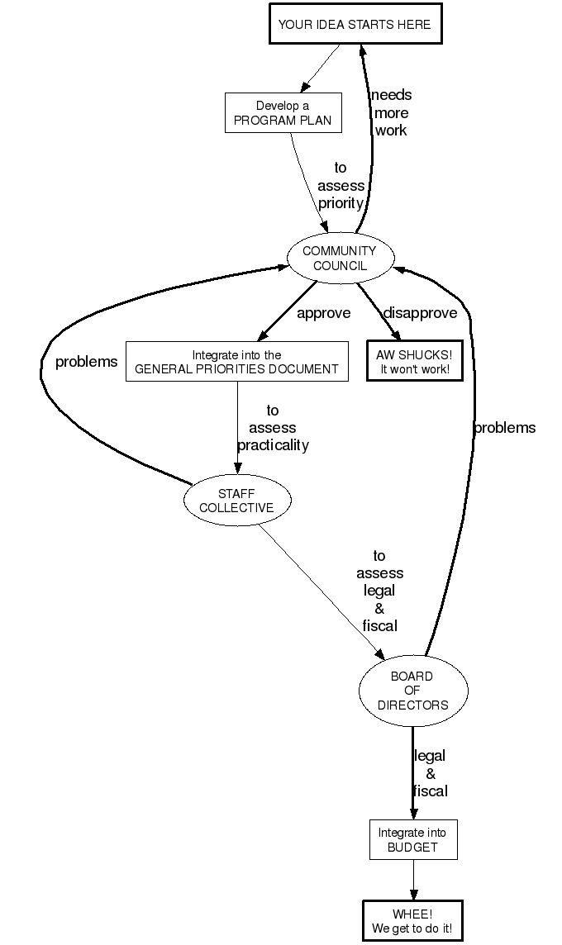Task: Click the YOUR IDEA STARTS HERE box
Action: pyautogui.click(x=355, y=24)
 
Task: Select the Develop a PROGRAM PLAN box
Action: pyautogui.click(x=283, y=113)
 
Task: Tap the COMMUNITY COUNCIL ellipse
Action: pyautogui.click(x=339, y=258)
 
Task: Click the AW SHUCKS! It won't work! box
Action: pyautogui.click(x=415, y=361)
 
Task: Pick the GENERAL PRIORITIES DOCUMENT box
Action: pyautogui.click(x=236, y=362)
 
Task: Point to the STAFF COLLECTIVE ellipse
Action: pyautogui.click(x=236, y=501)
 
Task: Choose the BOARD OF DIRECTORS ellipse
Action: pyautogui.click(x=413, y=691)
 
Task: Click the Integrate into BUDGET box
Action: pyautogui.click(x=413, y=839)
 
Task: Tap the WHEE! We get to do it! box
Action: pyautogui.click(x=412, y=921)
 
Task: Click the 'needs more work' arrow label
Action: pyautogui.click(x=391, y=112)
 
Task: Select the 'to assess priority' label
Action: pyautogui.click(x=341, y=186)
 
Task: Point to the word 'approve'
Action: pyautogui.click(x=324, y=313)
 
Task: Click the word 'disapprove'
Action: pyautogui.click(x=420, y=313)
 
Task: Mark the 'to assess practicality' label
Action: pyautogui.click(x=273, y=428)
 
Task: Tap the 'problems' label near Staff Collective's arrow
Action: pyautogui.click(x=86, y=362)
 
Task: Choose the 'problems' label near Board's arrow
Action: pyautogui.click(x=504, y=428)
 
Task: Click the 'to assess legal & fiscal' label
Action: pyautogui.click(x=380, y=591)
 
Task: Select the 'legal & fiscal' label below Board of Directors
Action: pyautogui.click(x=430, y=773)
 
